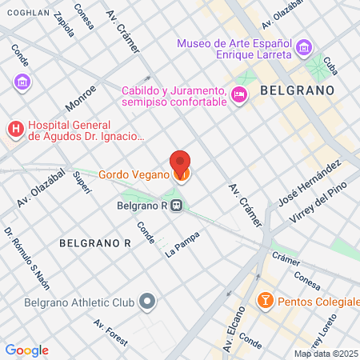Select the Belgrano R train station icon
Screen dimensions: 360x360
[x=177, y=206]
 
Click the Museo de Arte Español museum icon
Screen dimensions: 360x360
[x=303, y=50]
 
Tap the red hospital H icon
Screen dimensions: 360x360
[x=14, y=129]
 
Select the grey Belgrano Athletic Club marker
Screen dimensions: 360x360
[x=146, y=302]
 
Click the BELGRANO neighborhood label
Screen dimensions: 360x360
[x=296, y=91]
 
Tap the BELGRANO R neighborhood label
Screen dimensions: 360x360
[x=94, y=242]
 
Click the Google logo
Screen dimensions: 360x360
[x=26, y=350]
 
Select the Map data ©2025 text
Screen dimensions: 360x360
[x=326, y=354]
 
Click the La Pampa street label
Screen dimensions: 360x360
[x=181, y=246]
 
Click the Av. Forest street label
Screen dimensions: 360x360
[x=110, y=332]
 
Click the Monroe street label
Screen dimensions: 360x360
[x=81, y=98]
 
